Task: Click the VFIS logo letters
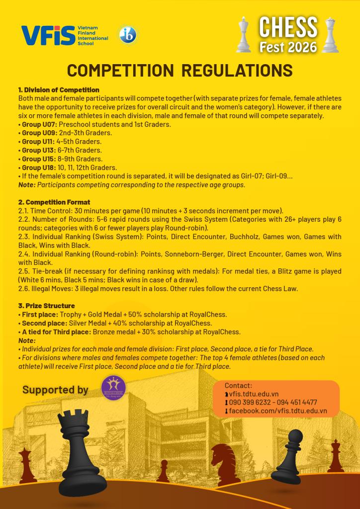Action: [x=48, y=35]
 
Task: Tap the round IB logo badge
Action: [x=128, y=35]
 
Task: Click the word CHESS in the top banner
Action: [x=288, y=28]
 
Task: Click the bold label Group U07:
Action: [x=39, y=124]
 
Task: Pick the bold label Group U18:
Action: [x=39, y=168]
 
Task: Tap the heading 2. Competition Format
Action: [x=54, y=202]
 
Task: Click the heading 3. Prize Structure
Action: [x=46, y=306]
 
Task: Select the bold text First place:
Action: [x=40, y=315]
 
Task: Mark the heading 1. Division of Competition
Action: [x=59, y=90]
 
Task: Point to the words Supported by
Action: [x=55, y=390]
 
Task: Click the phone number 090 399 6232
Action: [x=252, y=402]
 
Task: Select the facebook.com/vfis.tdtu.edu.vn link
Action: [x=277, y=411]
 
